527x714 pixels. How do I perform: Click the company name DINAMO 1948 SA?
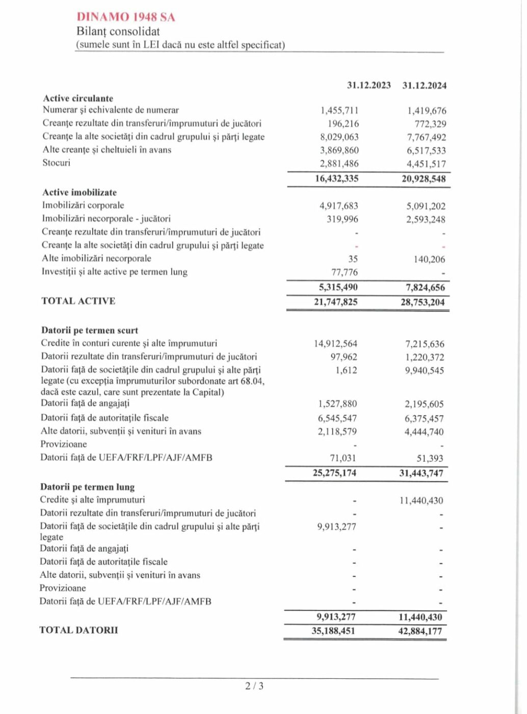126,17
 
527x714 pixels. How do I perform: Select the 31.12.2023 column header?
369,85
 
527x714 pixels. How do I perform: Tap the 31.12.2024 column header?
424,86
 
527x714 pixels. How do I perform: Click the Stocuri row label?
57,163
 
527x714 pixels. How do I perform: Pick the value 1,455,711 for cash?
339,110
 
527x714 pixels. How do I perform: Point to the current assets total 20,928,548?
424,178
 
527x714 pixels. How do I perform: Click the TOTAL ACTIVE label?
78,301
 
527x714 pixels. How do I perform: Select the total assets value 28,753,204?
423,302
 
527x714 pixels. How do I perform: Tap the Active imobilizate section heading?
80,192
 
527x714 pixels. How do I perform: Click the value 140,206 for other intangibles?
429,259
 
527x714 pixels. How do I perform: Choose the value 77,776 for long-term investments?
345,272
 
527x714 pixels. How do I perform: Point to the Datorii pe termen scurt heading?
90,330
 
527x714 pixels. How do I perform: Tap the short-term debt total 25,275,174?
334,473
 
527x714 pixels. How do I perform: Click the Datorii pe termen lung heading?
88,487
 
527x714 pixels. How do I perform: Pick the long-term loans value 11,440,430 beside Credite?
421,501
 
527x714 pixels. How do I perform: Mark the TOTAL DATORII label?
78,630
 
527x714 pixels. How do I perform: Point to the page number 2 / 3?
254,686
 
